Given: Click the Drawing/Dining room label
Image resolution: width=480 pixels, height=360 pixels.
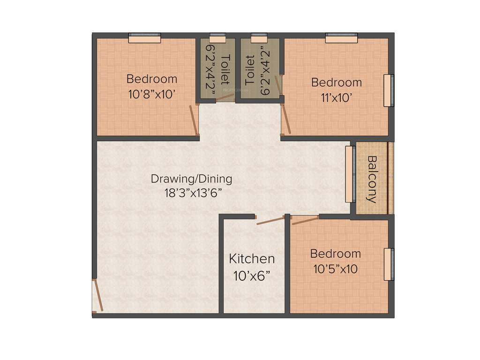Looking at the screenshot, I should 191,179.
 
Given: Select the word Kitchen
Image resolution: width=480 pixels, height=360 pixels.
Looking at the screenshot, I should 252,259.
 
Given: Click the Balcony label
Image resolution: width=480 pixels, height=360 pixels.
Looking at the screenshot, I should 372,179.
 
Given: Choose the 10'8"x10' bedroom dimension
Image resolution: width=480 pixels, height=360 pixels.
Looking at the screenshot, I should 152,94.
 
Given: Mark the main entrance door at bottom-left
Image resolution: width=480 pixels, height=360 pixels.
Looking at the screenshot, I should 98,295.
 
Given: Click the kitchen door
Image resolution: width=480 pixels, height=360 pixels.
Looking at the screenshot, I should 270,220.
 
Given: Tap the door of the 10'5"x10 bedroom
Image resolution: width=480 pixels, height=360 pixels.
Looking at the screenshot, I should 305,220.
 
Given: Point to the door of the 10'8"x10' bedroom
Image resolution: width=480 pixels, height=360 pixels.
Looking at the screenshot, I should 194,120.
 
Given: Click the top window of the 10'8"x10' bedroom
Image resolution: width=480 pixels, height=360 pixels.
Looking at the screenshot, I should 144,37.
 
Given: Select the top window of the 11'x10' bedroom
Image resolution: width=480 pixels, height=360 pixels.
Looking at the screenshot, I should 341,37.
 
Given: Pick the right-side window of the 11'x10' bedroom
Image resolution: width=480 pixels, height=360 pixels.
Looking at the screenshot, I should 389,90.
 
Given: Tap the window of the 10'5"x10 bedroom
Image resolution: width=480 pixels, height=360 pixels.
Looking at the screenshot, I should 389,264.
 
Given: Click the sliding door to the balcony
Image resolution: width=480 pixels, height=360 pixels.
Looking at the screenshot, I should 349,174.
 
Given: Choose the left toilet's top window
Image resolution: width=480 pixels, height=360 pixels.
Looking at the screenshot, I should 217,37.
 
